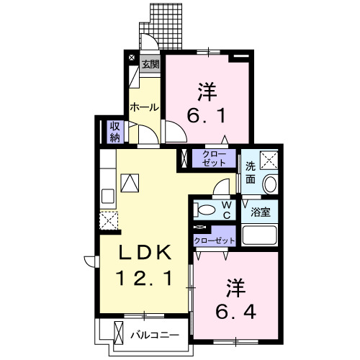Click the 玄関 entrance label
pyautogui.click(x=150, y=63)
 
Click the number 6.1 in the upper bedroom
pyautogui.click(x=208, y=114)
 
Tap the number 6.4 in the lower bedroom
pyautogui.click(x=235, y=312)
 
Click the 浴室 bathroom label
pyautogui.click(x=261, y=213)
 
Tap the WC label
pyautogui.click(x=225, y=210)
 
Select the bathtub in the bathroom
pyautogui.click(x=261, y=235)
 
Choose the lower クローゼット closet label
pyautogui.click(x=215, y=240)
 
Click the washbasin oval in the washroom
pyautogui.click(x=270, y=184)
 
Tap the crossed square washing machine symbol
pyautogui.click(x=269, y=159)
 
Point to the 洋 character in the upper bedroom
pyautogui.click(x=208, y=91)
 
